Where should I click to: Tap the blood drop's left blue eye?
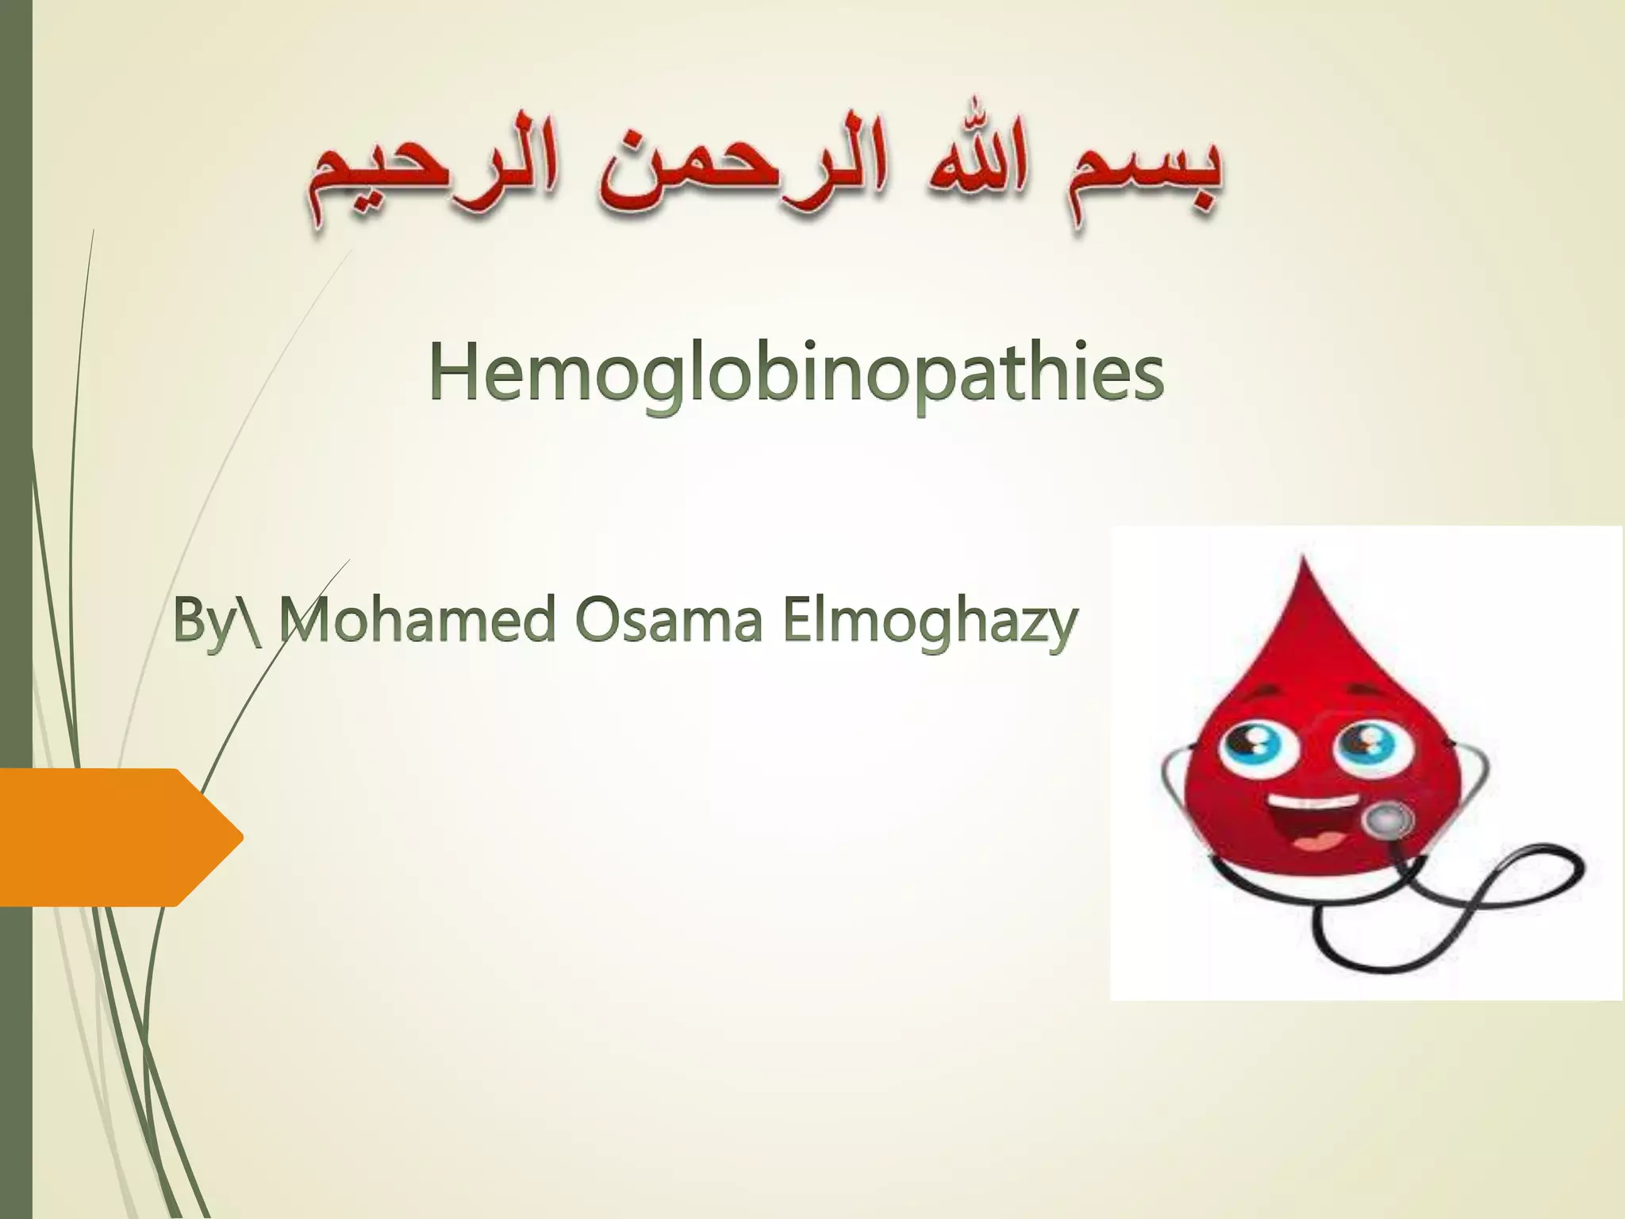coord(1251,748)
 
